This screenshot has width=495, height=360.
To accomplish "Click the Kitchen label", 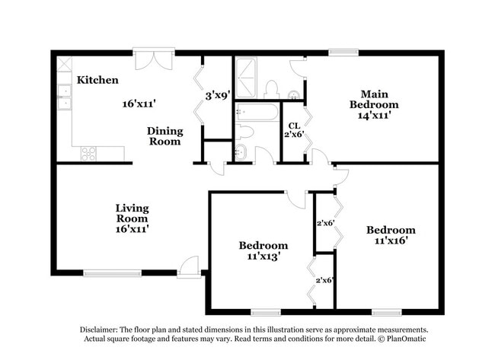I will [x=97, y=80].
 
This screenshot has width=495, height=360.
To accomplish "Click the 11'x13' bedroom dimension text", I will [x=263, y=256].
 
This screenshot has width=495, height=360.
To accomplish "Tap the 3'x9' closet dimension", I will [x=218, y=97].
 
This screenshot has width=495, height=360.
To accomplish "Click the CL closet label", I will [x=293, y=126].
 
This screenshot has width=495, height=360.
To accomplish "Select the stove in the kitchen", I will [x=89, y=152].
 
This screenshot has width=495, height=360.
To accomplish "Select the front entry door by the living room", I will [x=189, y=268].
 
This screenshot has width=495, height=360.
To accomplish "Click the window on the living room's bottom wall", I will [x=112, y=272].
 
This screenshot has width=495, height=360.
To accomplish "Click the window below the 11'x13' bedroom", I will [x=266, y=311].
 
